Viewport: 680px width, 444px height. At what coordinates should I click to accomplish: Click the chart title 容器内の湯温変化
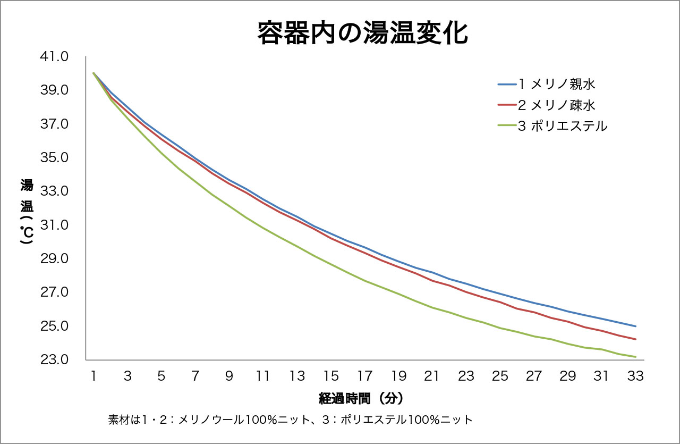click(x=362, y=33)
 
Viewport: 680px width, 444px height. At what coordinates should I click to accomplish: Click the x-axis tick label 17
click(x=364, y=376)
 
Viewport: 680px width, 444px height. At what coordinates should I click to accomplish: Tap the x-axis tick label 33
click(x=635, y=376)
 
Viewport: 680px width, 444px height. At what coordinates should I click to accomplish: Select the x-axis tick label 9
click(x=229, y=376)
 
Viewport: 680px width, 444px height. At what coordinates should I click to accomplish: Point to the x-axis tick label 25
click(x=500, y=376)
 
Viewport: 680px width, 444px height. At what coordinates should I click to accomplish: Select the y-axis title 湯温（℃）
click(x=27, y=212)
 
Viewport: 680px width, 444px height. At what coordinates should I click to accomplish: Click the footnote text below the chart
click(x=290, y=420)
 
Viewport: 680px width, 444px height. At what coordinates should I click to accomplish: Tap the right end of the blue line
click(x=635, y=326)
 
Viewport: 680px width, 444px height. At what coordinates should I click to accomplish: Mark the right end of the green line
click(x=635, y=357)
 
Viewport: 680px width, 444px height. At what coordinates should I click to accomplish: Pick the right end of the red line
click(x=635, y=339)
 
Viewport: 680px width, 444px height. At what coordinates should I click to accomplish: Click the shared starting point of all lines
click(x=93, y=73)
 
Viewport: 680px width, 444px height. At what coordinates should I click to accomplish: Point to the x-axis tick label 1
click(x=93, y=376)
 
